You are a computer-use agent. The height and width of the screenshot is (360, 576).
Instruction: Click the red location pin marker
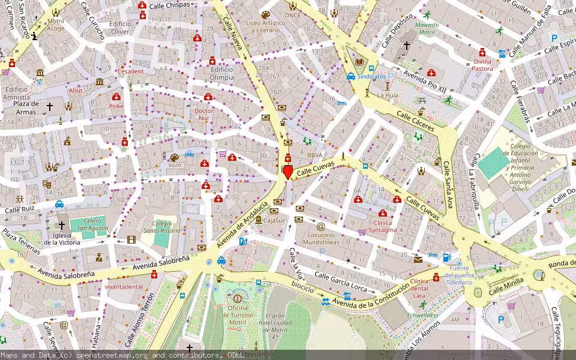pos(287,172)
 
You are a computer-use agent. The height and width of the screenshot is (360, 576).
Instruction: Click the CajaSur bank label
pos(274,220)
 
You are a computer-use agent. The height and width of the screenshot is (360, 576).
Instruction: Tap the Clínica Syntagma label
pos(383,226)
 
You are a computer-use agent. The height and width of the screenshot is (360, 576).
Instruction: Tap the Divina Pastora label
pos(482,65)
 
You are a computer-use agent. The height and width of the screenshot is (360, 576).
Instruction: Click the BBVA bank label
pos(315,155)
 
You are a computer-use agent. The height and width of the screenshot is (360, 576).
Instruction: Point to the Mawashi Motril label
pos(427,29)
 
